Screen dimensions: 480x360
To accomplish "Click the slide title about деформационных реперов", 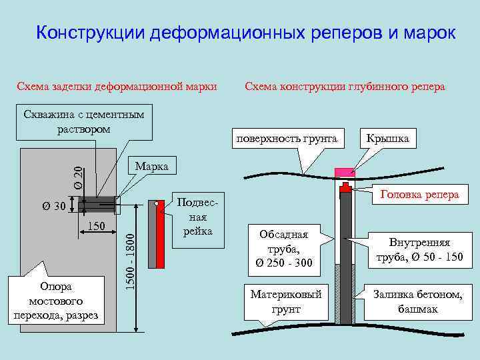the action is tap(245, 33).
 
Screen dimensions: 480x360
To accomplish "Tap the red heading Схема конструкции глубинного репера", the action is tap(345, 87).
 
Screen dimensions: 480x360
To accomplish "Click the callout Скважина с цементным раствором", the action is tap(83, 121).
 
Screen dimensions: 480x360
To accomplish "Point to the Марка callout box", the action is tap(151, 165).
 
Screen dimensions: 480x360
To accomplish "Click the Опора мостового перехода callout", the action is tap(56, 301).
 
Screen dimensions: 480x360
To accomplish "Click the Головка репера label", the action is tap(419, 195).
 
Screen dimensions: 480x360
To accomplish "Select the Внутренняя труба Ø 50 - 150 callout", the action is tap(420, 250).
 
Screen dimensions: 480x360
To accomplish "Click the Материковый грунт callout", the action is tap(285, 301).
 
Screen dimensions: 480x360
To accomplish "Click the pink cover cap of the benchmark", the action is tap(345, 173).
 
